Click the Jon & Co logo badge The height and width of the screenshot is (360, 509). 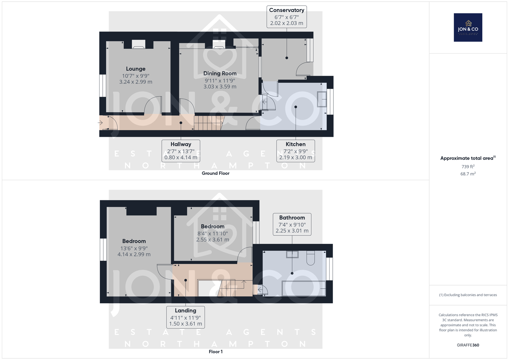(468, 27)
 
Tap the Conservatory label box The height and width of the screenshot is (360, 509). (287, 17)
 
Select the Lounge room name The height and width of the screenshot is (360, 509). (136, 69)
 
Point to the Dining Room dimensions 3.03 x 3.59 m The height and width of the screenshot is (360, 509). (220, 87)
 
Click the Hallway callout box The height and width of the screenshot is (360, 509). (181, 151)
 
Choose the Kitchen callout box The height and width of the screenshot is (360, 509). (296, 151)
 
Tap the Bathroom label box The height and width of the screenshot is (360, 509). (292, 224)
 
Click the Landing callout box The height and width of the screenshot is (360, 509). (185, 317)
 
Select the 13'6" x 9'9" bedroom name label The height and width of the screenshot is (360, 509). (134, 241)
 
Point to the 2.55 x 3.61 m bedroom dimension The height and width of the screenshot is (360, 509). (213, 240)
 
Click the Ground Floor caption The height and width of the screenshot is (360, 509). (216, 173)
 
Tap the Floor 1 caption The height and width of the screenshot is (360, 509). (216, 352)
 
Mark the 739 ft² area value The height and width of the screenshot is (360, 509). (468, 166)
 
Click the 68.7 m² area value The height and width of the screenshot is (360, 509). (468, 174)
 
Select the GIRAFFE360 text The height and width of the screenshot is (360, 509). (468, 345)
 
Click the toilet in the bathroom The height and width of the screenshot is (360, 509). (310, 258)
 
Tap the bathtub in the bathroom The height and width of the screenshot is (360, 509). (304, 289)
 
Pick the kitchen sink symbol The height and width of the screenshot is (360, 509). (322, 99)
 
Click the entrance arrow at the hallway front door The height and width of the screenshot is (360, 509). (100, 123)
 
